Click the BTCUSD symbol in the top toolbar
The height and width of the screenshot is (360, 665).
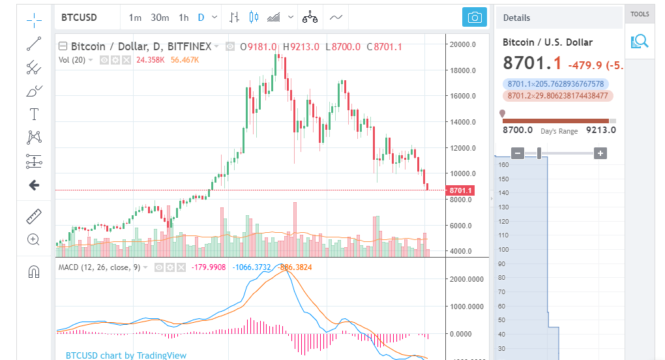pos(79,18)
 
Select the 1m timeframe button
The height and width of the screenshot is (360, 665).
pos(135,18)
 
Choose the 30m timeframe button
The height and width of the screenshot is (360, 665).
pos(160,18)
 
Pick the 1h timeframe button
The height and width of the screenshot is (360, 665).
pos(183,18)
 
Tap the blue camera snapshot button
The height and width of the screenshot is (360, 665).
pos(475,18)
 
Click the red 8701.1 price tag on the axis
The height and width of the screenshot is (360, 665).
pos(462,190)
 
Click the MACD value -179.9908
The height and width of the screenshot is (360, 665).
pos(207,267)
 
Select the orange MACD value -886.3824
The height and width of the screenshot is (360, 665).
pos(295,267)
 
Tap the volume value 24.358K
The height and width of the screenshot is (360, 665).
pos(151,60)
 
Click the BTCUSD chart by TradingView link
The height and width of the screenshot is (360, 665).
pos(126,355)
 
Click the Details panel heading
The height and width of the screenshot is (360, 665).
pos(516,18)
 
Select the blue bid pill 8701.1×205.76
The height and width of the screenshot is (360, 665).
pos(555,84)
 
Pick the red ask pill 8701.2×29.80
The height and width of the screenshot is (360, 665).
pos(557,96)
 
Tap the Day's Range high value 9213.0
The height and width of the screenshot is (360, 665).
pos(601,130)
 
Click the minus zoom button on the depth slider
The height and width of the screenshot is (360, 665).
pos(518,153)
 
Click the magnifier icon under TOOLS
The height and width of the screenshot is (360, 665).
pos(640,42)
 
